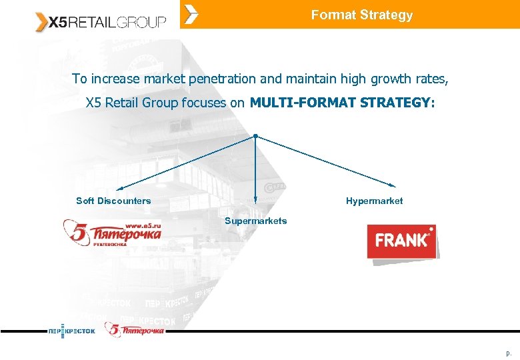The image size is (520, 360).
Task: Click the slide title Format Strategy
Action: coord(361,15)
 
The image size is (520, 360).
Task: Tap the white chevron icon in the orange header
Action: coord(191,14)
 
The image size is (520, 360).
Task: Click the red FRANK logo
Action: coord(401,241)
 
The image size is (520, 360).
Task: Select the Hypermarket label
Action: coord(374,201)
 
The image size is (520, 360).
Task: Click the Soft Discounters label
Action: coord(113,201)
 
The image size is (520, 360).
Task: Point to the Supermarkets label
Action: coord(255,221)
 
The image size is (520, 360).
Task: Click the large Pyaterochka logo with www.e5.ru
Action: coord(112,232)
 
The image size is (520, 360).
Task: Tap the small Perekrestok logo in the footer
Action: coord(71,331)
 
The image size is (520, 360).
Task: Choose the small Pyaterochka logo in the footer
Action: coord(134,329)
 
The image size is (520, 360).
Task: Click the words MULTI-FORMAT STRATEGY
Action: coord(342,103)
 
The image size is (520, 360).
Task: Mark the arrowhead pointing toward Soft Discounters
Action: coord(119,189)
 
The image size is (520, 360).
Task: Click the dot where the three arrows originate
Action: coord(255,135)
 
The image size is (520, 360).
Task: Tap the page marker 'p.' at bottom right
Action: coord(509,353)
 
